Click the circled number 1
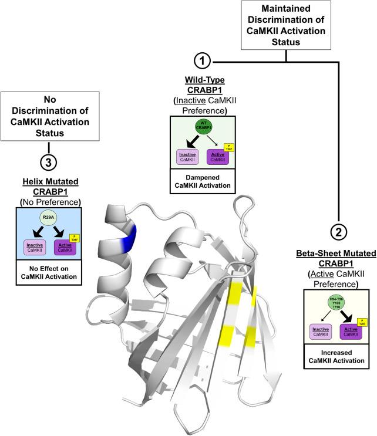[x=201, y=62]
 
